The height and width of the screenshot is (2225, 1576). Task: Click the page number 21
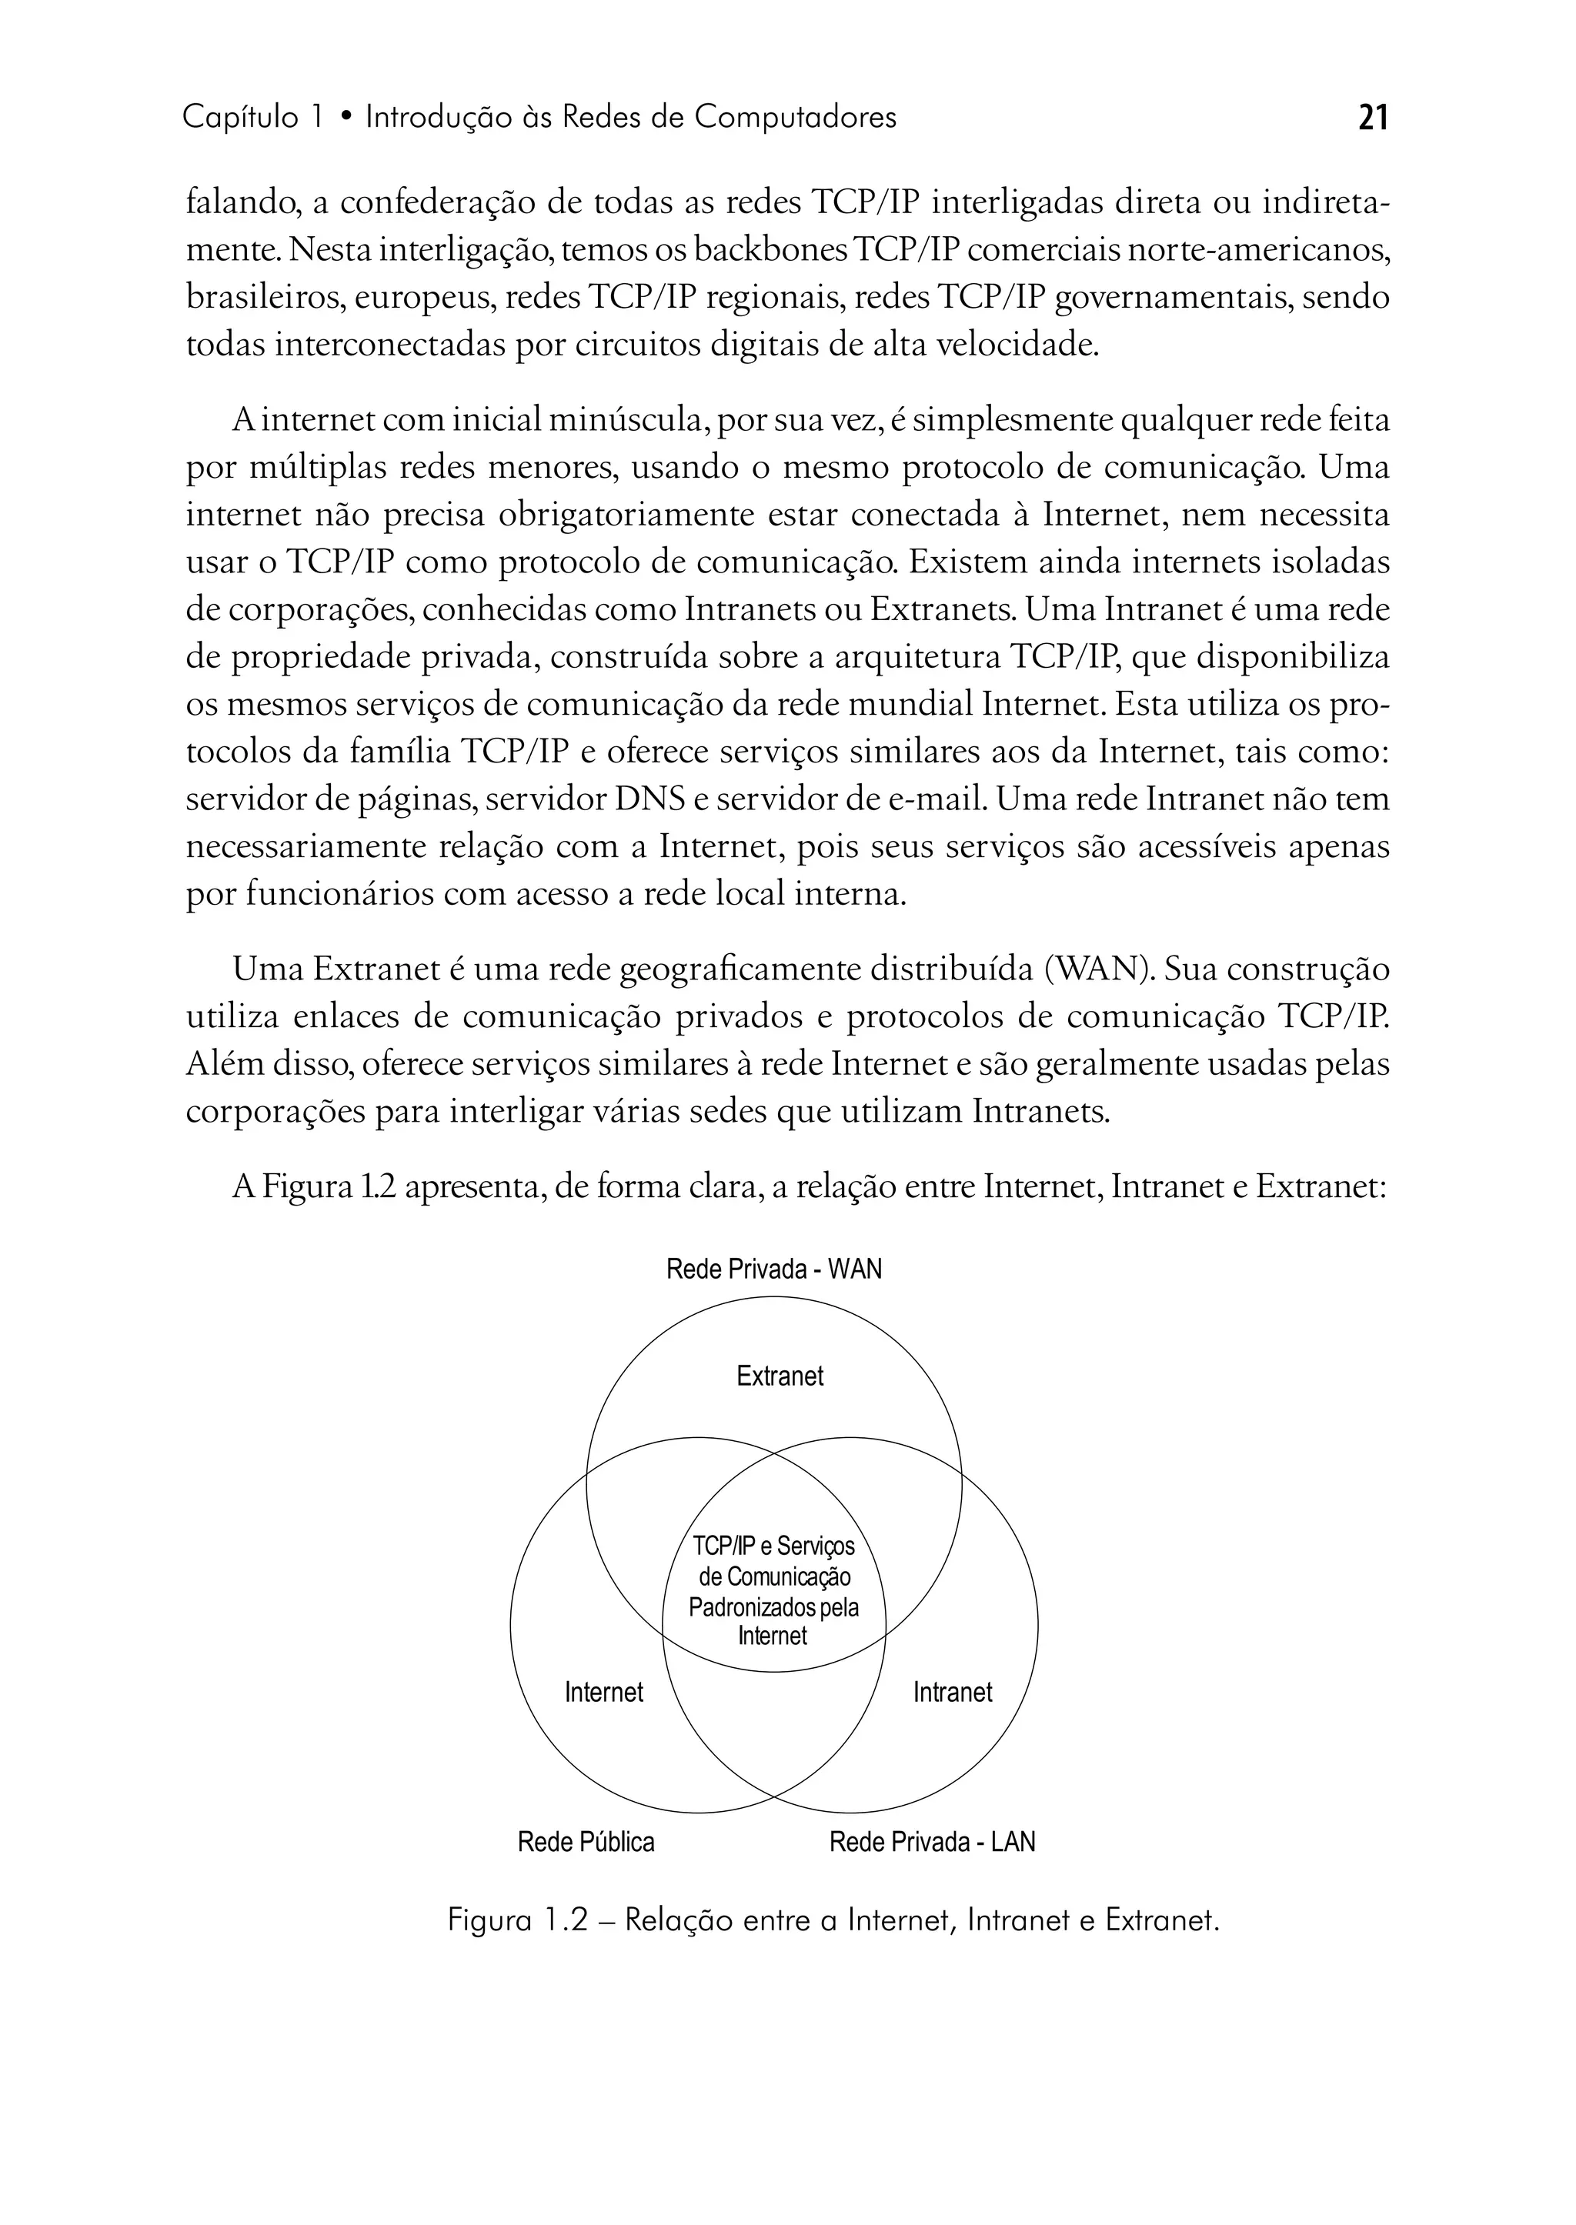pyautogui.click(x=1373, y=118)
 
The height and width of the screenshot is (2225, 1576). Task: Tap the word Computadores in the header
pyautogui.click(x=796, y=118)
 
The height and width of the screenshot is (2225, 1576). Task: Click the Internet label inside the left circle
pyautogui.click(x=603, y=1693)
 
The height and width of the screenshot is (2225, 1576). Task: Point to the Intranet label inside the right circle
pyautogui.click(x=952, y=1693)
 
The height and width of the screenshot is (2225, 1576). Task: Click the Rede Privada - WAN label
pyautogui.click(x=773, y=1269)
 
